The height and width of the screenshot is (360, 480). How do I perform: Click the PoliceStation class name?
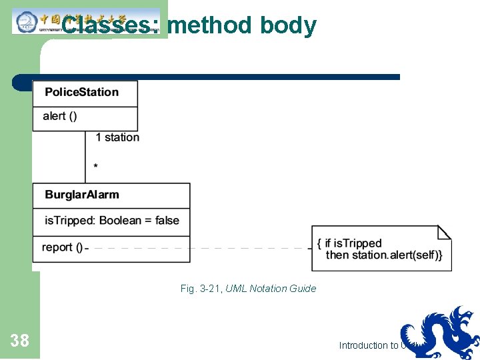(x=81, y=92)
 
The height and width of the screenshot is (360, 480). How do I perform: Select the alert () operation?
(x=59, y=116)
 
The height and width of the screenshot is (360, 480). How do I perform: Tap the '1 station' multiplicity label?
(x=117, y=137)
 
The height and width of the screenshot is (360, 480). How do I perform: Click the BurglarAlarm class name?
(x=81, y=195)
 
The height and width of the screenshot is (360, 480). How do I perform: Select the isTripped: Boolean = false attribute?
(x=111, y=221)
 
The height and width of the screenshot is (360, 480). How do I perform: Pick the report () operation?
(x=62, y=247)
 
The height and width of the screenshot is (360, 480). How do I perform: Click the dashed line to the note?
(x=200, y=248)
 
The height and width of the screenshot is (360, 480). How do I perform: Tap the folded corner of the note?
(x=444, y=232)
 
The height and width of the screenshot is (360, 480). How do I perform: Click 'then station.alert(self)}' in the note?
(x=383, y=255)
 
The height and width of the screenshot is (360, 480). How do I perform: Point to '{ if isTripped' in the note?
(x=349, y=243)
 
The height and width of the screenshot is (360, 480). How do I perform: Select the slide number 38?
(x=20, y=341)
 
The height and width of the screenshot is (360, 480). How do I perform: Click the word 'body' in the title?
(x=288, y=25)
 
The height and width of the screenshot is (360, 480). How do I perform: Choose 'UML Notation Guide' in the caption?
(x=271, y=289)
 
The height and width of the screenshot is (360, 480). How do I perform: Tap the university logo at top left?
(x=27, y=21)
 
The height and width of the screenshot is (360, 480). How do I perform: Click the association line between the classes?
(x=85, y=157)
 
